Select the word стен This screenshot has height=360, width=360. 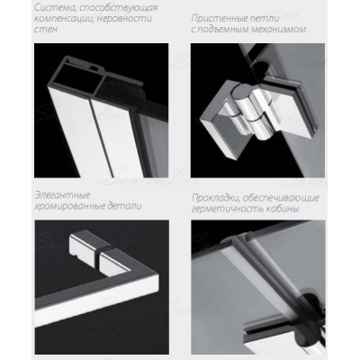click(46, 30)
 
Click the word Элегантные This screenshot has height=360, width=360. click(62, 195)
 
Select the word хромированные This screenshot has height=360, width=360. click(70, 206)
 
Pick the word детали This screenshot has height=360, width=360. click(124, 206)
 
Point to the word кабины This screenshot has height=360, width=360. click(282, 209)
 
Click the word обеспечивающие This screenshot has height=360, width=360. click(281, 198)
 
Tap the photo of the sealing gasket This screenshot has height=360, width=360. click(257, 287)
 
